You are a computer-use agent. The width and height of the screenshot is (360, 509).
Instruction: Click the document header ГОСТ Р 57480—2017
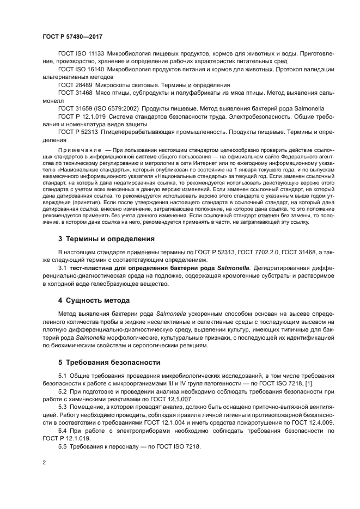pos(72,37)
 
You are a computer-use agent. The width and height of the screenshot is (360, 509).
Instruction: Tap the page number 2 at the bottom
pos(44,462)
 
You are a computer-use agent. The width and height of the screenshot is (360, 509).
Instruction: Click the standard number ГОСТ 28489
pos(76,85)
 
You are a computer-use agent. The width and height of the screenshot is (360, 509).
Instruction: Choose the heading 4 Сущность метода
pos(95,300)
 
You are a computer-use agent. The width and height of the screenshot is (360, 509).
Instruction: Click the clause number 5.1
pos(62,376)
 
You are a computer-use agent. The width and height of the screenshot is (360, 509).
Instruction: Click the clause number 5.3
pos(62,407)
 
